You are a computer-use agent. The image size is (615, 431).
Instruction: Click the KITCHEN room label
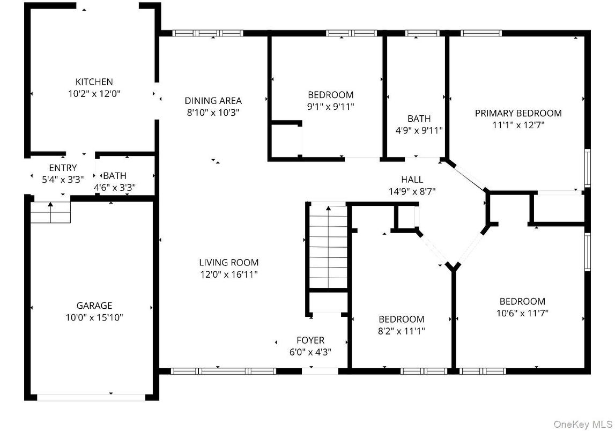click(x=94, y=82)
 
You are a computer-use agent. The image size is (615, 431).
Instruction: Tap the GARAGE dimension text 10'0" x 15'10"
click(x=94, y=317)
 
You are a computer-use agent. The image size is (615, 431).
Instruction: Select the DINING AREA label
click(x=213, y=101)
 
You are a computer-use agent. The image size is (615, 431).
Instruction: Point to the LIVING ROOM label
click(x=228, y=262)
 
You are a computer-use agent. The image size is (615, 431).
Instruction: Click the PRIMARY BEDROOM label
click(x=518, y=113)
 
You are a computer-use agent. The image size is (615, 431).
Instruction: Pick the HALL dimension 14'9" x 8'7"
click(x=412, y=191)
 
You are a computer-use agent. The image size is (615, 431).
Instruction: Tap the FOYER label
click(x=310, y=340)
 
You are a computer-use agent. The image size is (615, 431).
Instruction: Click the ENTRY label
click(x=63, y=168)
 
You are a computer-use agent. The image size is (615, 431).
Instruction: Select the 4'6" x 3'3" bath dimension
click(x=115, y=188)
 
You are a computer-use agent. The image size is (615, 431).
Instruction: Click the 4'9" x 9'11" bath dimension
click(x=419, y=130)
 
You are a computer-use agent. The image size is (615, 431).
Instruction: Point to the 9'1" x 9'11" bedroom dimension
click(x=331, y=106)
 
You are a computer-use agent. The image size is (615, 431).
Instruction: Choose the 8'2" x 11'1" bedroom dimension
click(x=401, y=331)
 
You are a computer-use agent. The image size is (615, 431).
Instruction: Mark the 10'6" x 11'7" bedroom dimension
click(x=522, y=313)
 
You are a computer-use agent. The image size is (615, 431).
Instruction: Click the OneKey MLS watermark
click(x=583, y=424)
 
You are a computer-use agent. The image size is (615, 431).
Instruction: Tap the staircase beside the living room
click(x=328, y=247)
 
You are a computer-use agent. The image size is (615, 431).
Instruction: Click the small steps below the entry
click(x=50, y=212)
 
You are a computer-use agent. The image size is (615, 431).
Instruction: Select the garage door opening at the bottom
click(x=91, y=398)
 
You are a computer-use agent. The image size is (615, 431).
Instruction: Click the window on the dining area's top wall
click(x=208, y=33)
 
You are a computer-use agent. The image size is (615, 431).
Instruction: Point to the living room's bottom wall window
click(x=224, y=371)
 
